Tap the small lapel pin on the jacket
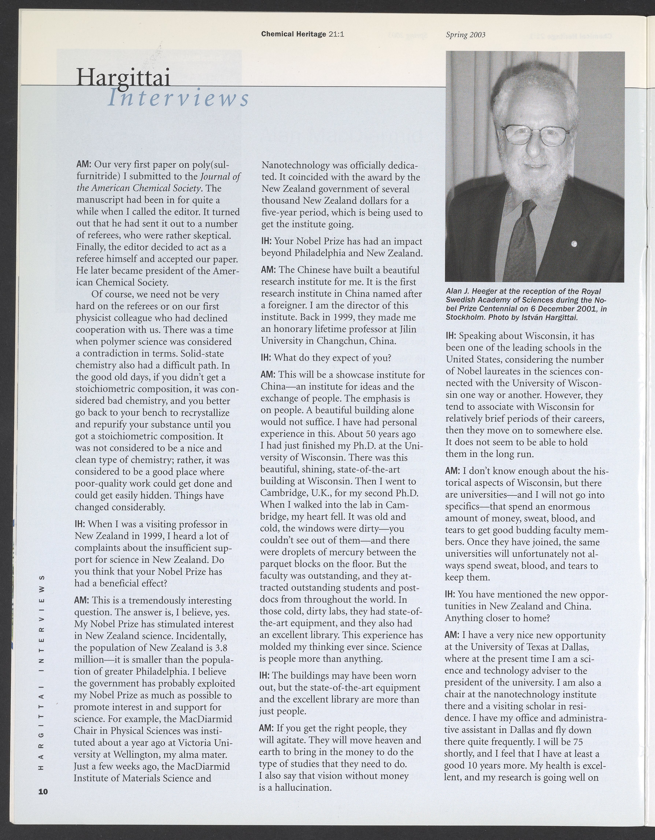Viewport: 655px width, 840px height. [574, 243]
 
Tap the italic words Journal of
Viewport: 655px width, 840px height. [221, 177]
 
